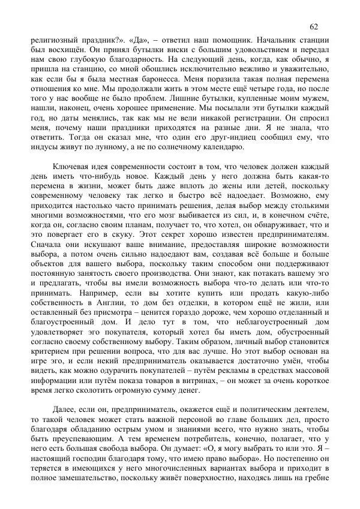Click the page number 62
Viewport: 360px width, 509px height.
pos(314,27)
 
